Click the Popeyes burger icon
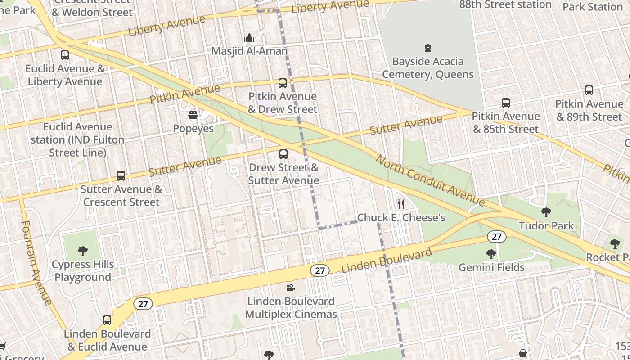[193, 116]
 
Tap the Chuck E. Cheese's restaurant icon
[401, 205]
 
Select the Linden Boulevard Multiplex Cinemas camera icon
[291, 288]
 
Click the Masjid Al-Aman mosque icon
[249, 38]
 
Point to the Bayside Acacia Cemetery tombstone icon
[428, 48]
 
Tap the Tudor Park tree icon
[546, 212]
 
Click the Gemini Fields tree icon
[491, 254]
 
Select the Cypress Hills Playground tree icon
[82, 251]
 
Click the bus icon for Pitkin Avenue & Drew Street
[283, 83]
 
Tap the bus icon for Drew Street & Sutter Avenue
[283, 154]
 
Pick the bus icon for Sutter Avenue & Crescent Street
[121, 176]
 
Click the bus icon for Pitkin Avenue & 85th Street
[506, 103]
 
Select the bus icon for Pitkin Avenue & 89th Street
[589, 90]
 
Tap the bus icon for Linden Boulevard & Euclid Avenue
[107, 320]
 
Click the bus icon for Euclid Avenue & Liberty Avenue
[65, 55]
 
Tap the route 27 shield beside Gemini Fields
[496, 237]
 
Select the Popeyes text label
[193, 129]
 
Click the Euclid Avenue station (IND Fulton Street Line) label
[77, 140]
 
